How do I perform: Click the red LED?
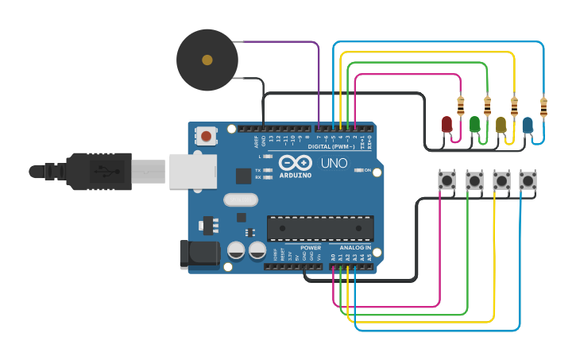[446, 124]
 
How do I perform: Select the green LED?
[474, 124]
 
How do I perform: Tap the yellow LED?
[501, 125]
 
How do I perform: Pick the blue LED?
[528, 124]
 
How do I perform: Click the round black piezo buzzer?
[207, 60]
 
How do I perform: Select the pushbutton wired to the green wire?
[474, 180]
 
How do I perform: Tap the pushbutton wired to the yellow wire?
[501, 180]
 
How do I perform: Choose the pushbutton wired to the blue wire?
[528, 180]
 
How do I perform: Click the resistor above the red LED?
[461, 104]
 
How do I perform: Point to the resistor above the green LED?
[488, 104]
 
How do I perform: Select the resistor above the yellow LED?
[515, 104]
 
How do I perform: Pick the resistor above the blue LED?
[543, 106]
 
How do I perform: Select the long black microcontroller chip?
[320, 228]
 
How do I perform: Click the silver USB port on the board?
[193, 171]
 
